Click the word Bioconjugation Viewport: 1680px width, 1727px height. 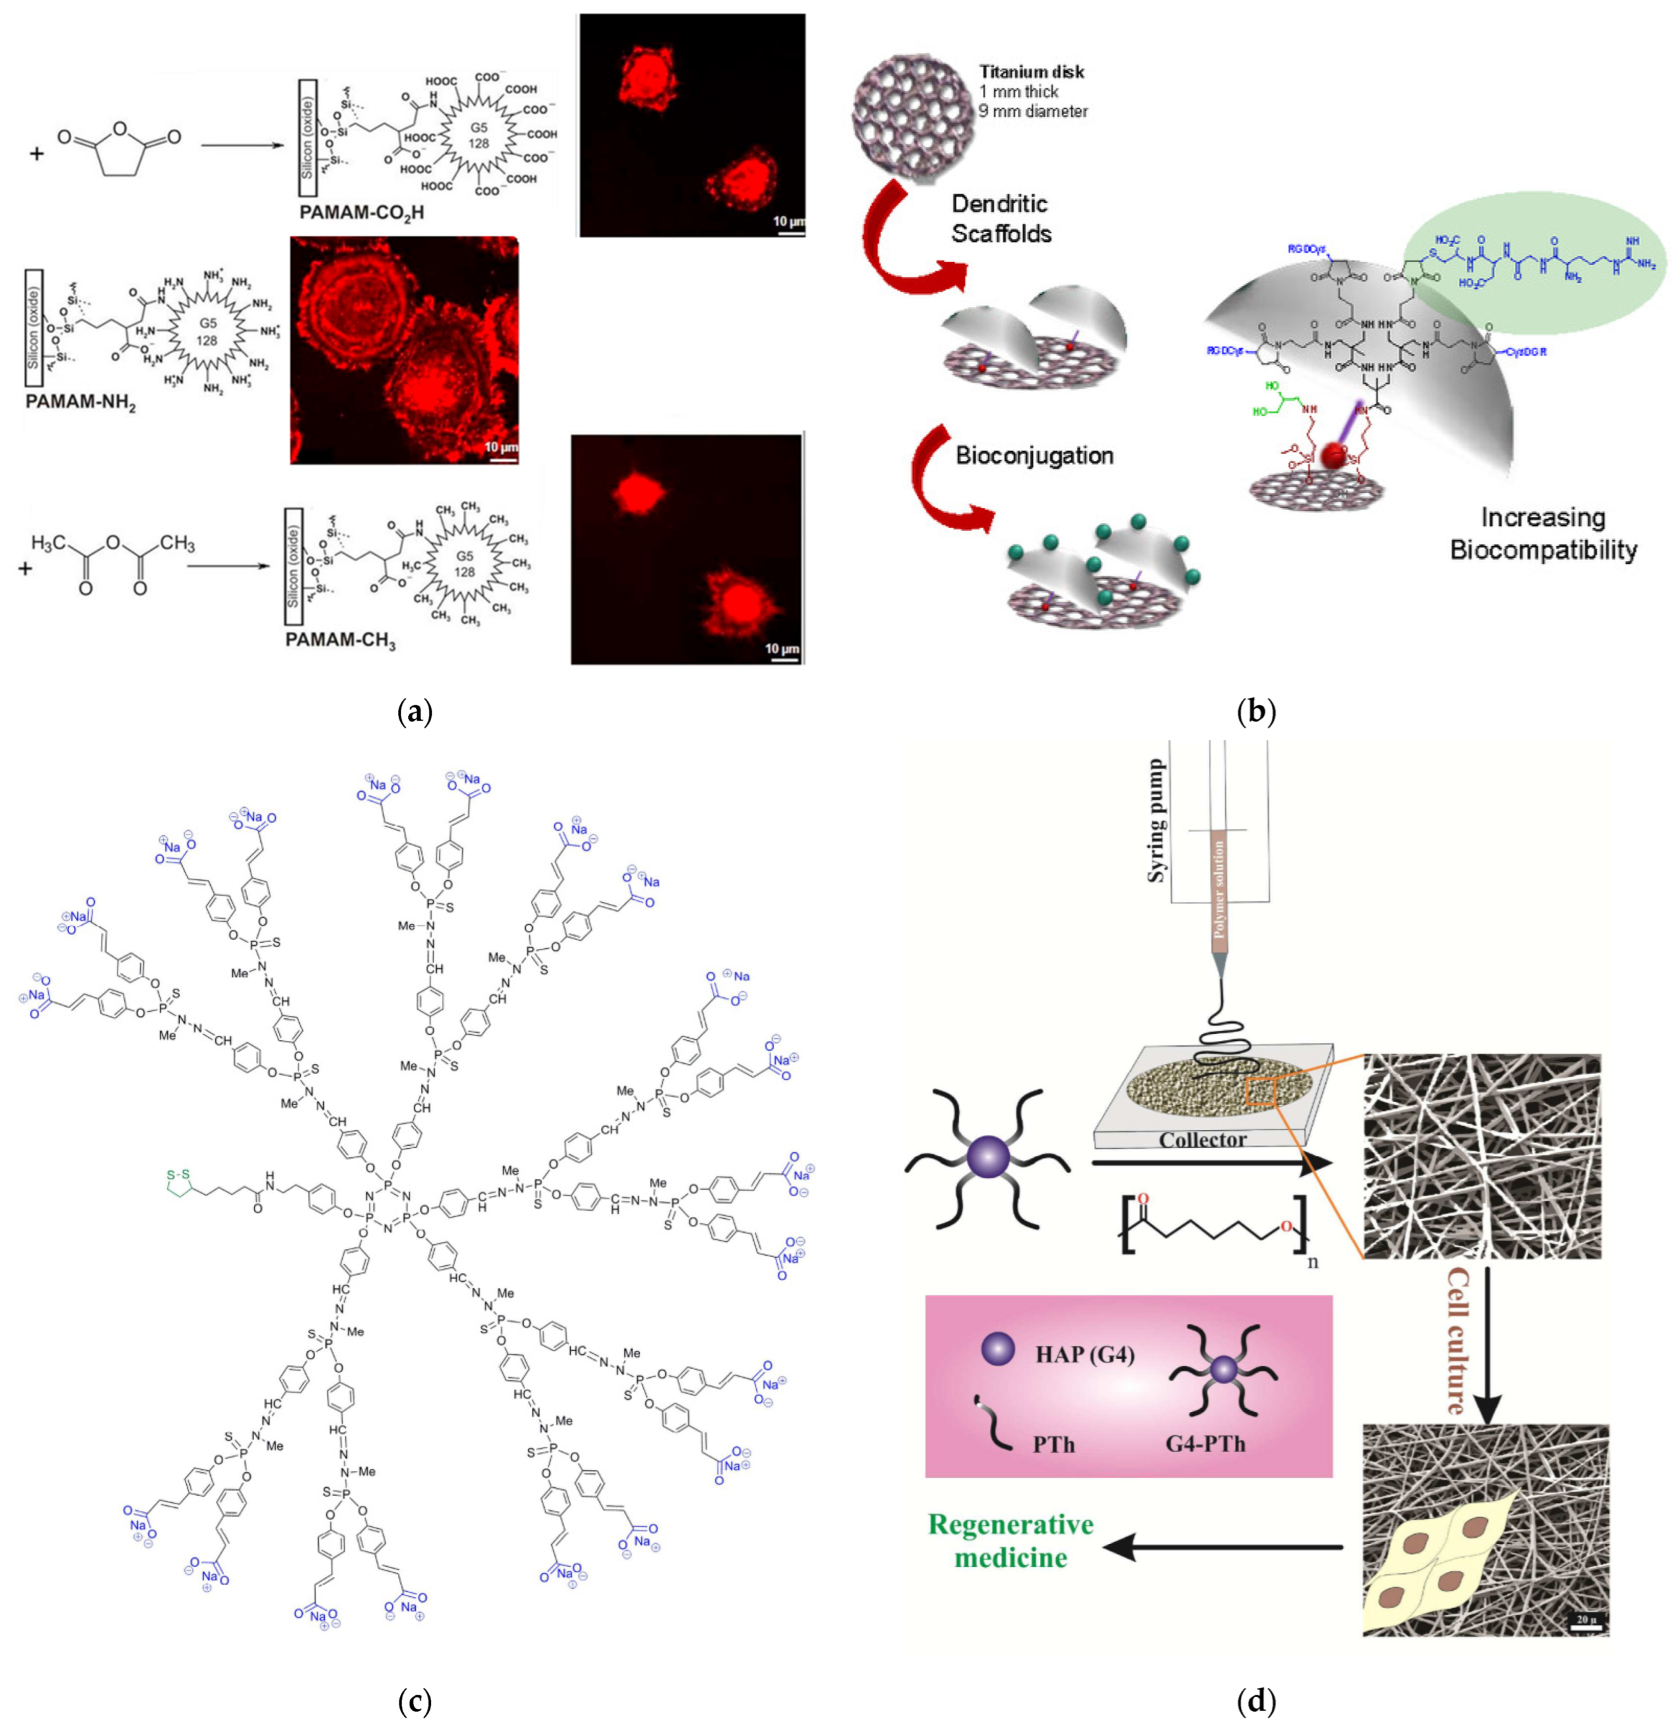[1034, 455]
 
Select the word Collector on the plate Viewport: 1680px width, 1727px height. [1202, 1139]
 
